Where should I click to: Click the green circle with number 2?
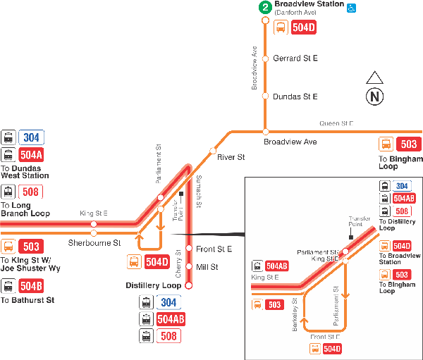(x=265, y=8)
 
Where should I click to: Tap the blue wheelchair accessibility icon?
(x=352, y=8)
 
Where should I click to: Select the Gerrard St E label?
(x=295, y=58)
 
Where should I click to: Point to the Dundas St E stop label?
(x=295, y=97)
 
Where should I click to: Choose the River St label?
(x=231, y=156)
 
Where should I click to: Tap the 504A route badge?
(x=31, y=155)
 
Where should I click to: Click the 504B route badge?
(x=31, y=286)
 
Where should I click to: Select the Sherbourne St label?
(x=94, y=243)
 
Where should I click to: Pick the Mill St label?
(x=207, y=267)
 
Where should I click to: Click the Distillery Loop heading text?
(x=154, y=286)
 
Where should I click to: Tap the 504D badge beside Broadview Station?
(x=304, y=28)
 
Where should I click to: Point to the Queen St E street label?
(x=336, y=123)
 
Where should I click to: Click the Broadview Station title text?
(x=309, y=4)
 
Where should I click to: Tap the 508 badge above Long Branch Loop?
(x=31, y=192)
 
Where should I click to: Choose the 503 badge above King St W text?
(x=31, y=247)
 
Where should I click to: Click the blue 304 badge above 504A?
(x=31, y=137)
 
